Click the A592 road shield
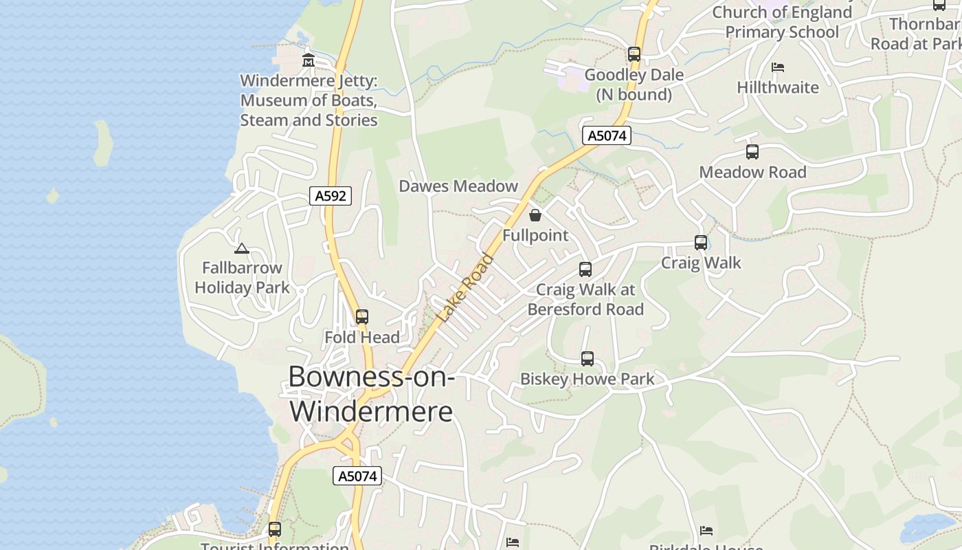point(330,196)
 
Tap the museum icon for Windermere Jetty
point(308,60)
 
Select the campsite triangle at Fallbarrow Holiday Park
point(241,248)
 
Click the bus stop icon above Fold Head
point(362,317)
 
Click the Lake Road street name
point(466,288)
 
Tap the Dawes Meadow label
point(458,186)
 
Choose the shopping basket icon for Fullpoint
point(535,215)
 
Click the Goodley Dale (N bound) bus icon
point(634,54)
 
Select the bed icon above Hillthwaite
point(778,67)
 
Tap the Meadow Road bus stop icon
point(752,152)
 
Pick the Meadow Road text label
point(752,172)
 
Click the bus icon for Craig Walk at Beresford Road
point(585,269)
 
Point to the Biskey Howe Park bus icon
point(588,358)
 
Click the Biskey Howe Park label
point(588,379)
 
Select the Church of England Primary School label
point(782,22)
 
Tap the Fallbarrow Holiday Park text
point(242,277)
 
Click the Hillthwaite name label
point(778,87)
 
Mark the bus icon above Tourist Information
point(275,529)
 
